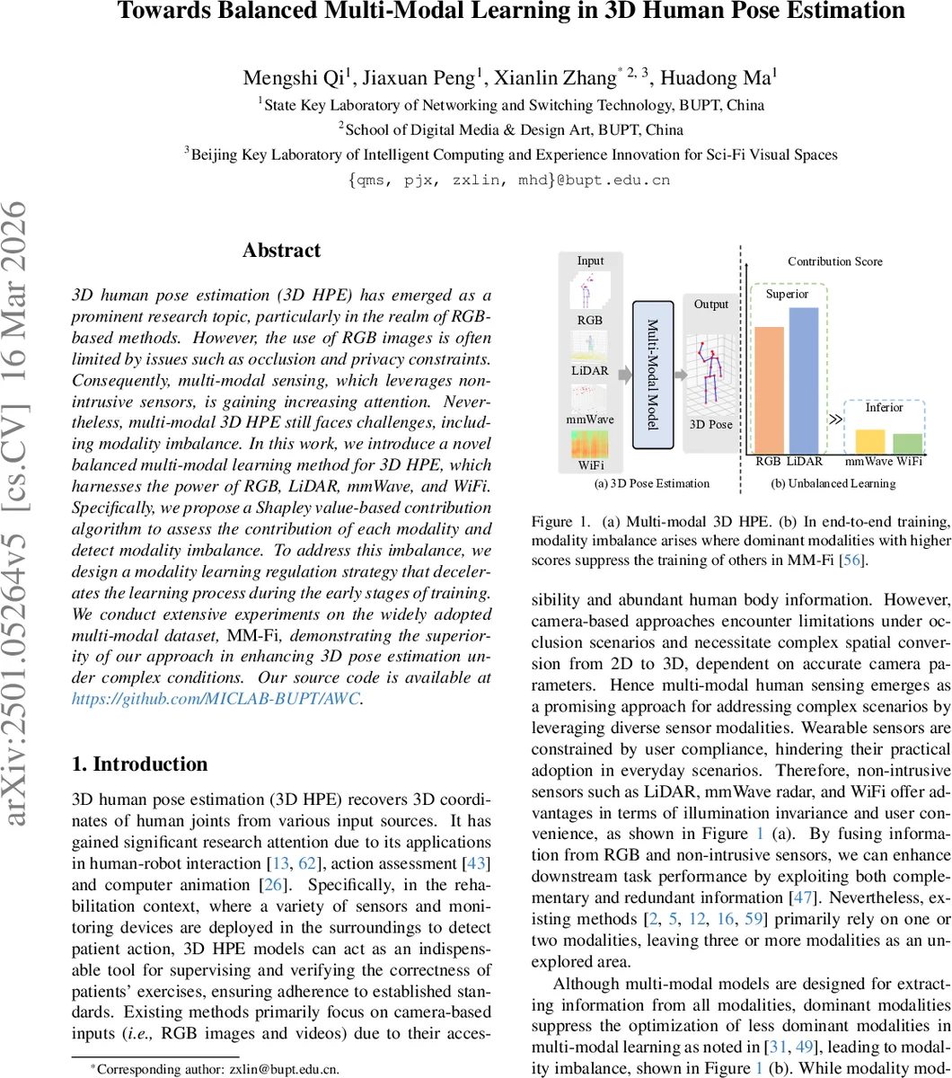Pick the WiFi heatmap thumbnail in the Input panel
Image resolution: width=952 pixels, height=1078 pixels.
click(590, 448)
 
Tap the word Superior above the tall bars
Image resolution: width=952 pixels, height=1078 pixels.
click(787, 294)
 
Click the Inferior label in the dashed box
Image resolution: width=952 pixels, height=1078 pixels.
click(884, 407)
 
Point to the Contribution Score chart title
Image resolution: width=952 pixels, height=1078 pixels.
click(835, 261)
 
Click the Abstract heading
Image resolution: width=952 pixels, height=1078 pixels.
click(281, 251)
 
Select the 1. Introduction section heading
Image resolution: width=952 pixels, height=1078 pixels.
click(139, 764)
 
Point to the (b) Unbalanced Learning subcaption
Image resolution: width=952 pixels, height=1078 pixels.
click(833, 483)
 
